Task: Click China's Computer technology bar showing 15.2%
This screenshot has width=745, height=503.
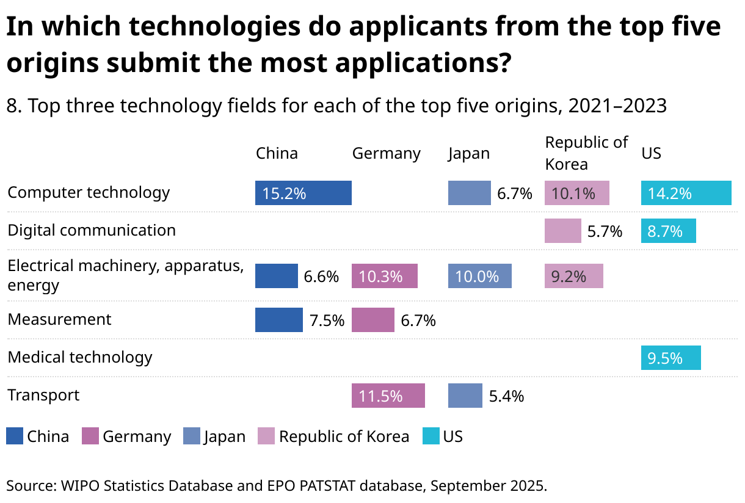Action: [303, 193]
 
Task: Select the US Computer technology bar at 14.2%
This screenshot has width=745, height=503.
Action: [686, 193]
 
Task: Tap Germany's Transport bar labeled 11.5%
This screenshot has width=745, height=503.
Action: [388, 396]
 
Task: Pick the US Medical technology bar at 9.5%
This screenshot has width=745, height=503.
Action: [670, 358]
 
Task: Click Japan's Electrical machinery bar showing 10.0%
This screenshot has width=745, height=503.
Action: [479, 276]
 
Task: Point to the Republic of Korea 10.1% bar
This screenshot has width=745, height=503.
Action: [576, 193]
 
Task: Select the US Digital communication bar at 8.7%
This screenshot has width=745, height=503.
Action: [668, 231]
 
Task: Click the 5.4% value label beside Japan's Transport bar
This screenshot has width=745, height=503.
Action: [506, 396]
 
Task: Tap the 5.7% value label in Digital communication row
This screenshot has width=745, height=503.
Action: [605, 231]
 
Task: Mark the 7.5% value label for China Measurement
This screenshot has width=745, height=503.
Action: [327, 320]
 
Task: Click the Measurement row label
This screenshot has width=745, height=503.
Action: [59, 319]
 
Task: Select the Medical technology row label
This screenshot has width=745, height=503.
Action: [80, 357]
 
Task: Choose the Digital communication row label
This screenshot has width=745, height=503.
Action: [92, 230]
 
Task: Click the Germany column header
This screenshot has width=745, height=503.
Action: [386, 153]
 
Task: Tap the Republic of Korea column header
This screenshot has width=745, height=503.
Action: [586, 153]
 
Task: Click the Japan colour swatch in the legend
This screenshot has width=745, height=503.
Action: [191, 436]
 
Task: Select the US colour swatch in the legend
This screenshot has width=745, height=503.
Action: [431, 436]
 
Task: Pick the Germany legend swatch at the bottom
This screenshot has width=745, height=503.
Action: [90, 436]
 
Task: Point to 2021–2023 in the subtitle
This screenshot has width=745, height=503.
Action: [617, 106]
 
